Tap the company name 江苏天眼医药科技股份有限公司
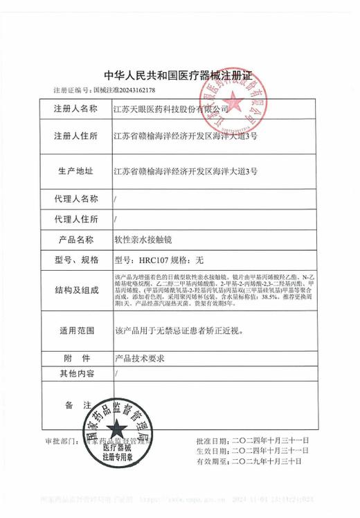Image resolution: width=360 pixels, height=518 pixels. pos(171,109)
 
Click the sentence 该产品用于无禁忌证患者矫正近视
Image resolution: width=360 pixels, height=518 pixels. pos(177,330)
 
